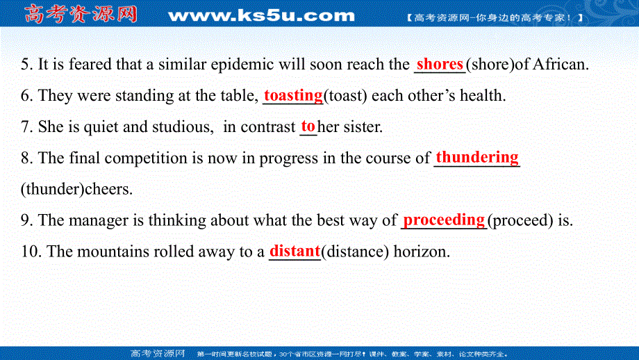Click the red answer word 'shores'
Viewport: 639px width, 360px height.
[x=439, y=65]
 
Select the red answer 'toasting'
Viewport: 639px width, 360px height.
[x=293, y=95]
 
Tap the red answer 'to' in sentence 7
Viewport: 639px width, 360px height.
[x=308, y=126]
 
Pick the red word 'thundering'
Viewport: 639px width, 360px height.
[x=476, y=157]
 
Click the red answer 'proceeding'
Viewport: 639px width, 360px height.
[x=444, y=220]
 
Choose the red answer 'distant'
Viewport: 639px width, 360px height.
[x=294, y=251]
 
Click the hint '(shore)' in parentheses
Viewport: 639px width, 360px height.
[x=490, y=65]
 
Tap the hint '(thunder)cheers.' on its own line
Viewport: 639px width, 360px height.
[x=76, y=189]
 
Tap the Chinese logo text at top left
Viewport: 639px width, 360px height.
[x=81, y=14]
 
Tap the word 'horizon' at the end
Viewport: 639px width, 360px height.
[x=422, y=252]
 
